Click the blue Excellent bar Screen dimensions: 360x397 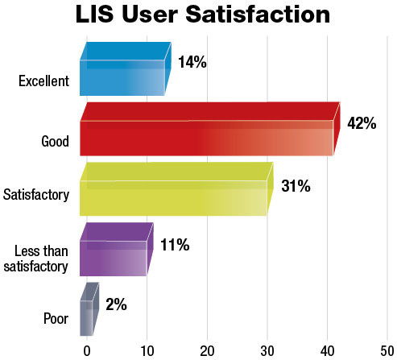click(x=122, y=77)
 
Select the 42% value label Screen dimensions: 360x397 click(x=362, y=123)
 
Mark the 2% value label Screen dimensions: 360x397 click(x=117, y=305)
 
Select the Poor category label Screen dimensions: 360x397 click(x=56, y=319)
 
